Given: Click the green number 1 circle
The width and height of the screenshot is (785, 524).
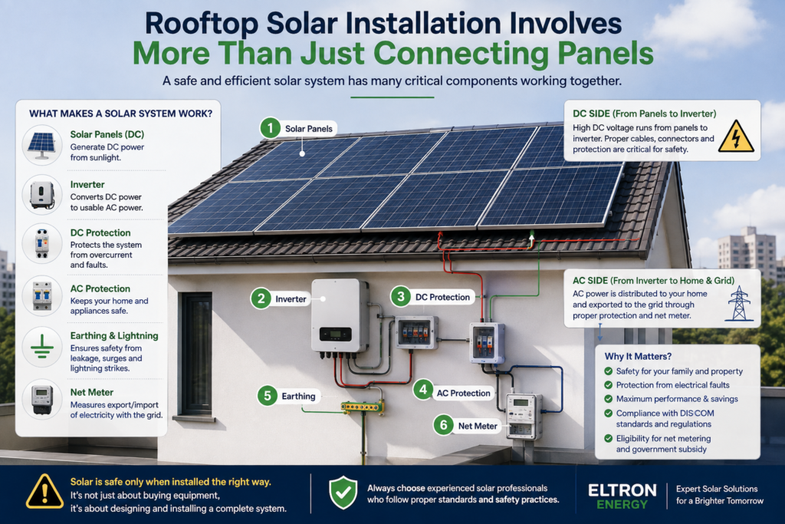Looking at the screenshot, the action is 271,128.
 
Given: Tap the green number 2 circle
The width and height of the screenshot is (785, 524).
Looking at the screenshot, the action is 261,298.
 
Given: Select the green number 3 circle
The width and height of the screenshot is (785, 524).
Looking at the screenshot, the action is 400,297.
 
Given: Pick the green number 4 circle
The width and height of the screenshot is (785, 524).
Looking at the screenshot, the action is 423,389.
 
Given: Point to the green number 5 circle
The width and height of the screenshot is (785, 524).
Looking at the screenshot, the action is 268,396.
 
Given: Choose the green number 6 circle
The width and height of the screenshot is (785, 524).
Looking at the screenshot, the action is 444,425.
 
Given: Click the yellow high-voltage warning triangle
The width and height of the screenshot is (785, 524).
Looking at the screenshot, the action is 736,137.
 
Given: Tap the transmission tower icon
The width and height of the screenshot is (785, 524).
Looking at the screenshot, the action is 739,303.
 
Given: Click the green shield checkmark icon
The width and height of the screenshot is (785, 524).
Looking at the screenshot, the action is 343,493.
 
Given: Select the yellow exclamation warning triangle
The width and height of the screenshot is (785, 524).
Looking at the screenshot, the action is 45,492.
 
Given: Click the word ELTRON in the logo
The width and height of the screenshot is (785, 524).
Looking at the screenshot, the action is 622,489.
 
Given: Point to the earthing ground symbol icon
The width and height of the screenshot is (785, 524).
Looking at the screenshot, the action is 42,347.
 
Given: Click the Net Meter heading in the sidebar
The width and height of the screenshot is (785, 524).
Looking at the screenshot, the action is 92,392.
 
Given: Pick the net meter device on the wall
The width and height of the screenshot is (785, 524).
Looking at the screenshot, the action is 524,416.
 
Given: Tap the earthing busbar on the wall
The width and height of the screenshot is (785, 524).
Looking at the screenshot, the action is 363,407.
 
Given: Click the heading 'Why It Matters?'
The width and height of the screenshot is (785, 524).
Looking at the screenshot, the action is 638,356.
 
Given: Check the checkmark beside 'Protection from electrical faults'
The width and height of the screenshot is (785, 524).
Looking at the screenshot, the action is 608,384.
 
